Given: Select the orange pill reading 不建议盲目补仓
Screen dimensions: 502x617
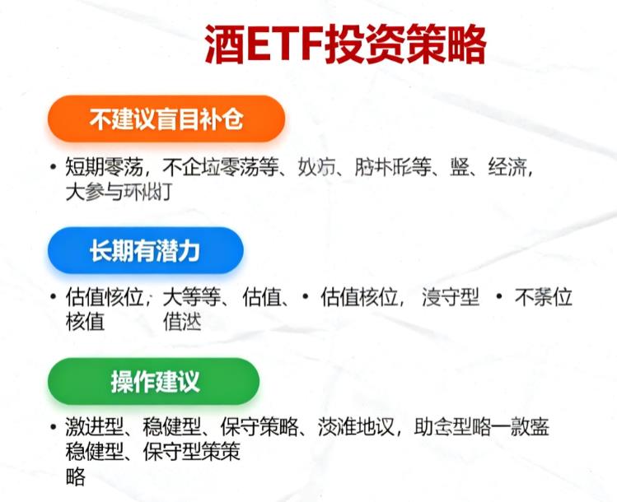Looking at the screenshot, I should point(166,119).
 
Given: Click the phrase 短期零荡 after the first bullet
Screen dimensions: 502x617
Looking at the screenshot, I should point(105,168).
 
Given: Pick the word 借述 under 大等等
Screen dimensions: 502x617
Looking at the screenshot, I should point(182,321).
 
